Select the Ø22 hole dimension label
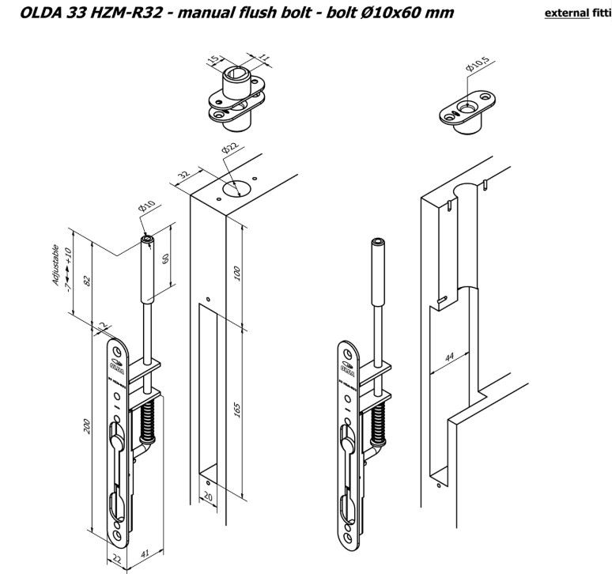[230, 149]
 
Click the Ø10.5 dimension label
[476, 67]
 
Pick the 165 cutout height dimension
[238, 409]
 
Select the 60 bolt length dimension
[165, 260]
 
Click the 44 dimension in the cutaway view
[450, 358]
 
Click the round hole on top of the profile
[233, 189]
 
